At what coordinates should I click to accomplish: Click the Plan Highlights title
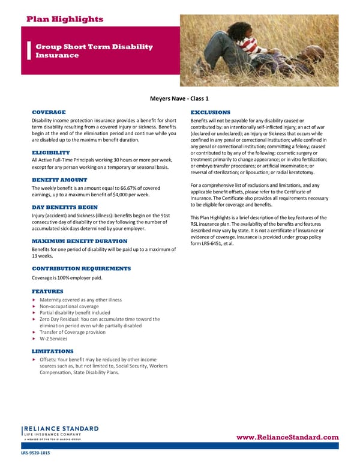click(x=65, y=19)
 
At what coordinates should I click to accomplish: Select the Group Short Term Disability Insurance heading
click(x=94, y=51)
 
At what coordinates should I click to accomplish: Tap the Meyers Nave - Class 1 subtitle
click(x=179, y=99)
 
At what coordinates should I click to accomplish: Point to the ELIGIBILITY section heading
click(x=51, y=152)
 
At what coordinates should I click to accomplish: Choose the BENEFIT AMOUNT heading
click(x=59, y=180)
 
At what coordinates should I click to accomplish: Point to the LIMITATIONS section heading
click(x=52, y=351)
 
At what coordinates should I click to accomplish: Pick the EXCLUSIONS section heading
click(x=210, y=112)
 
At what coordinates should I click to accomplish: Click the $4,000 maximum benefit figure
click(x=132, y=194)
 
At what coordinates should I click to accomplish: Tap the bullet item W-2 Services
click(x=54, y=339)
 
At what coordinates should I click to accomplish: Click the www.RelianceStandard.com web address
click(x=288, y=437)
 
